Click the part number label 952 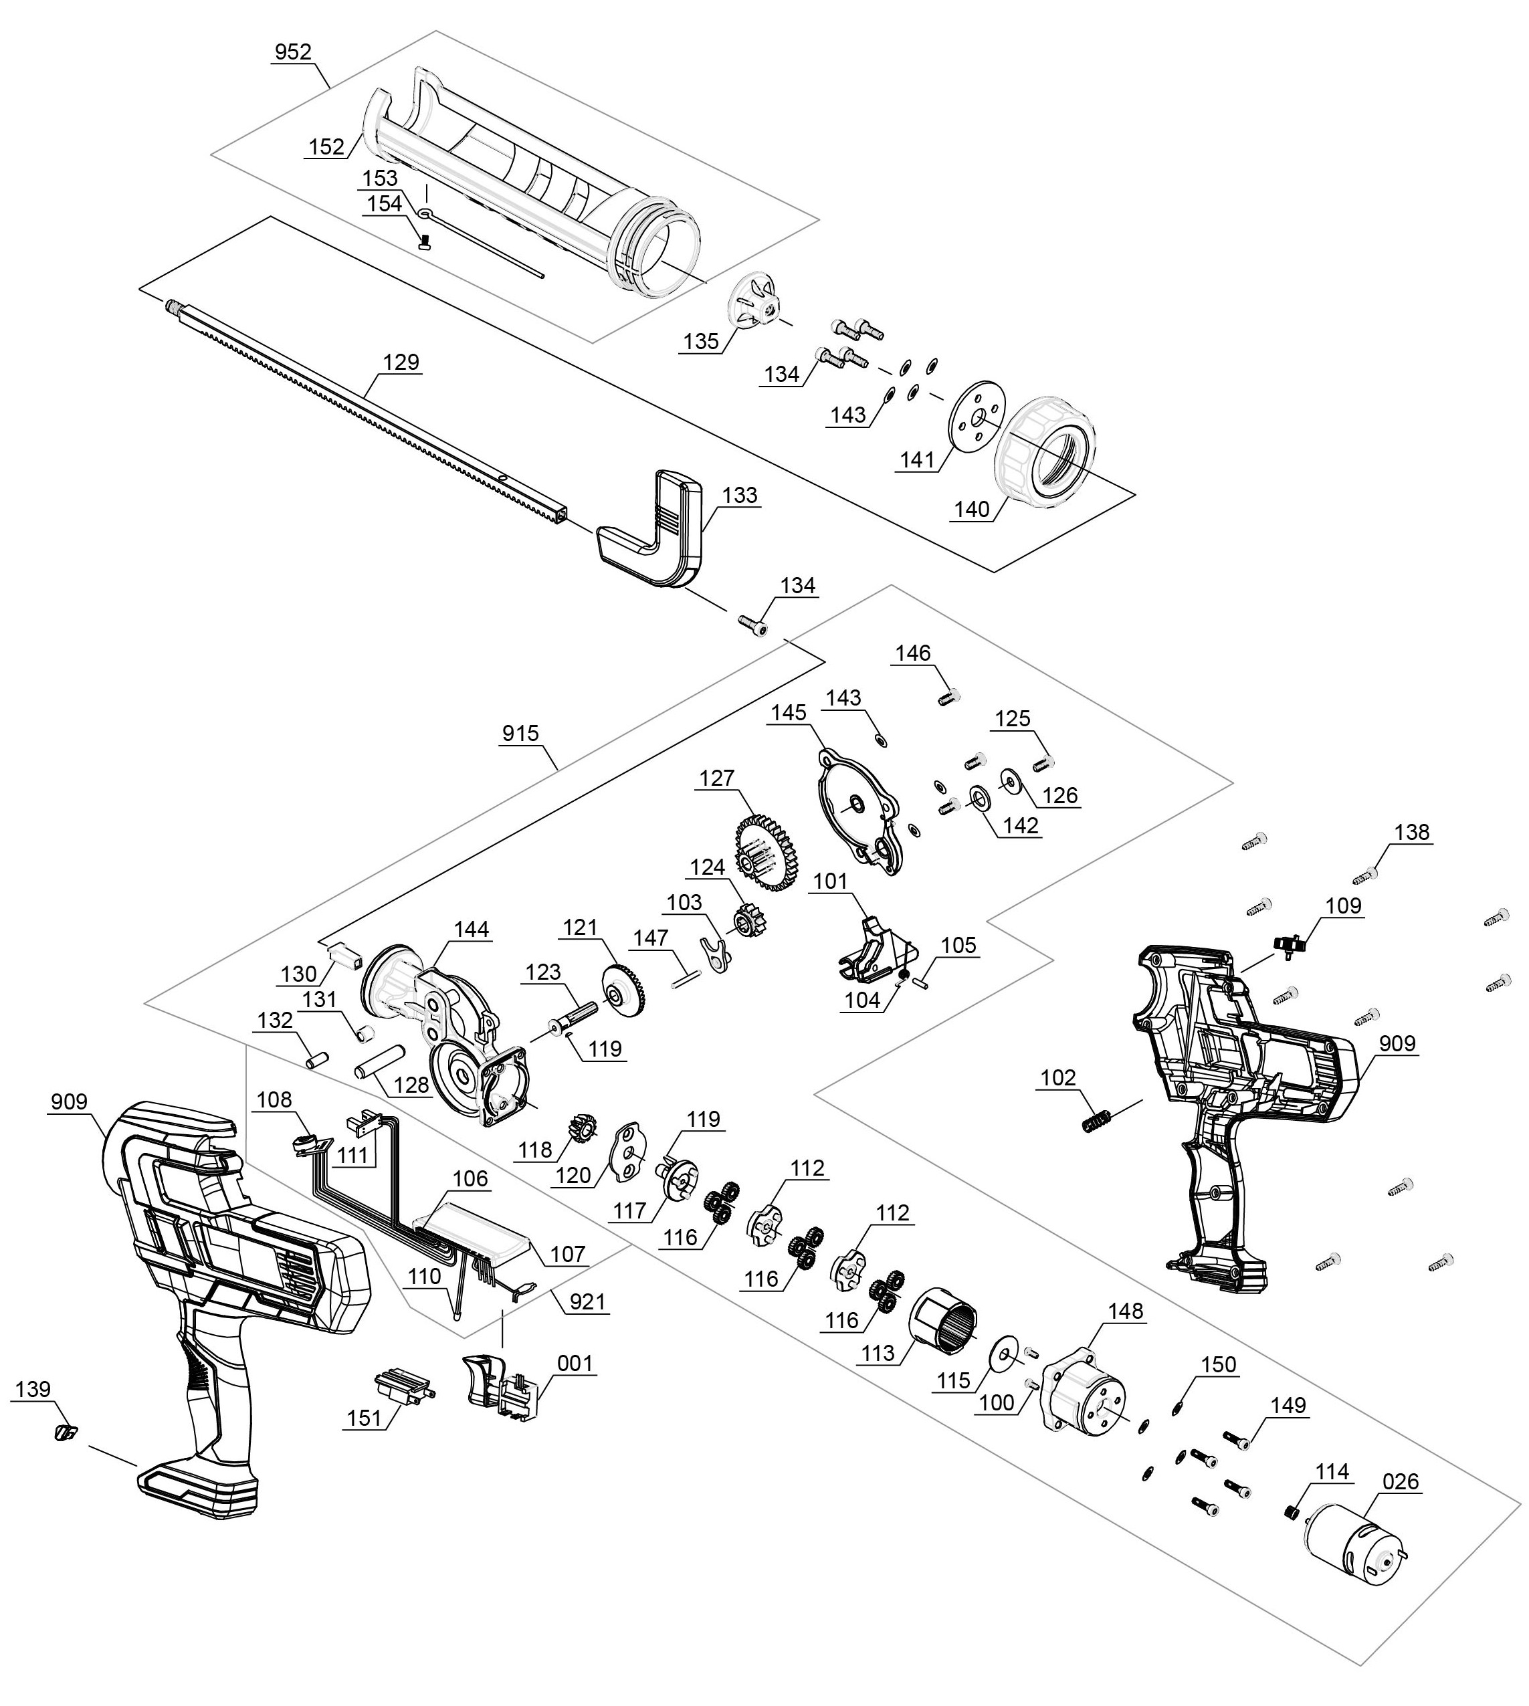pyautogui.click(x=293, y=52)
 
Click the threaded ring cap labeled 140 pyautogui.click(x=1046, y=453)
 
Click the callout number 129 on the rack pyautogui.click(x=401, y=362)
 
